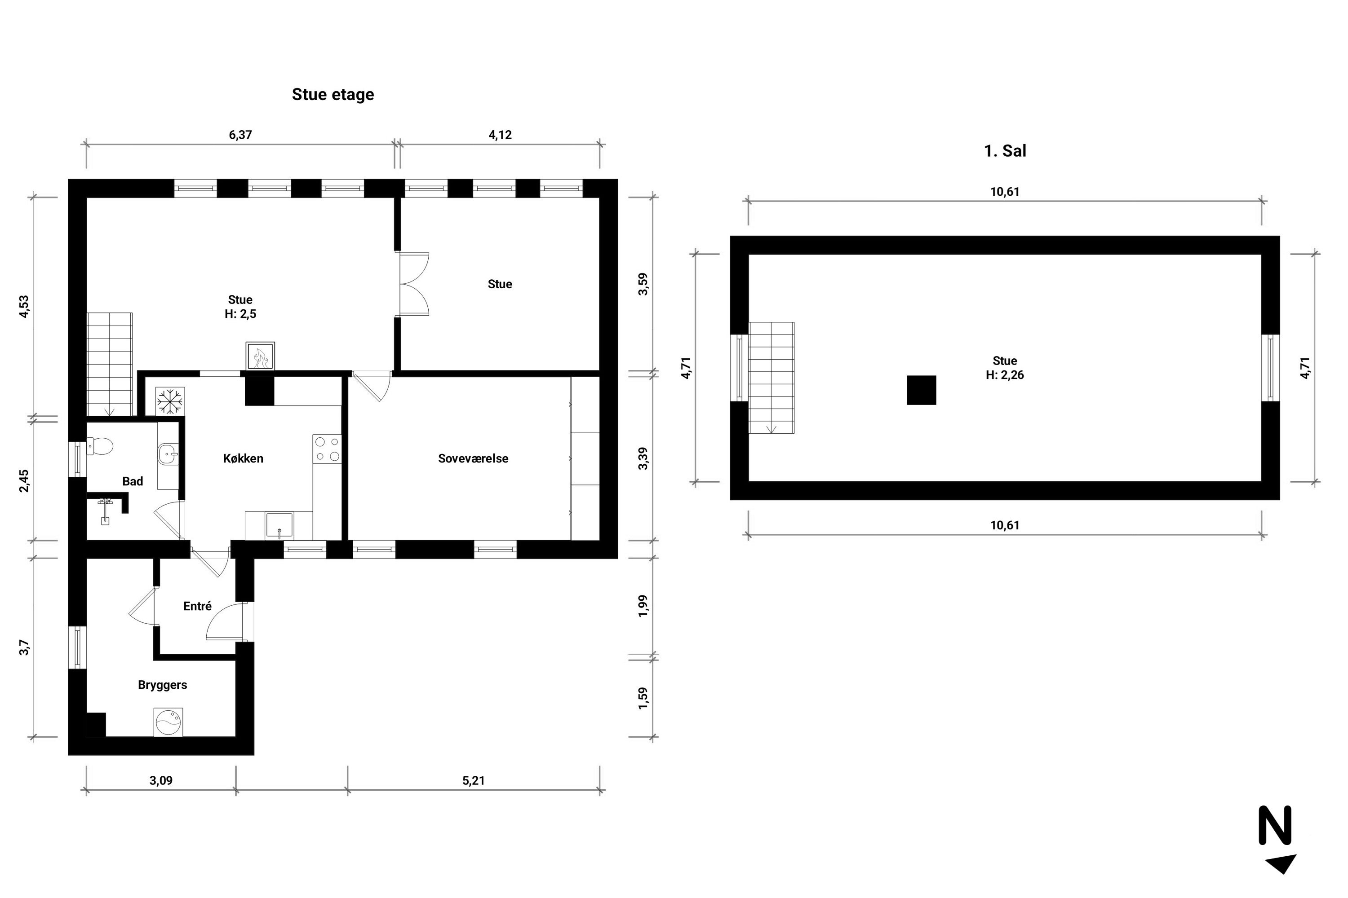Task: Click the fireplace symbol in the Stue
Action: click(x=260, y=356)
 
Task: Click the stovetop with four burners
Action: click(x=327, y=449)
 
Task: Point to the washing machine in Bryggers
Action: click(x=168, y=722)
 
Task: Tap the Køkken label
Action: click(x=243, y=459)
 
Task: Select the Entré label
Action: click(x=198, y=606)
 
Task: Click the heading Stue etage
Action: click(x=333, y=94)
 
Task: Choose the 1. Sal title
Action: click(x=1005, y=151)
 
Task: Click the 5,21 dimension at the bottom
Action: click(x=474, y=781)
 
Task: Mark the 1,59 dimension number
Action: click(x=643, y=699)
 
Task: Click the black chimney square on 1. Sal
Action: click(x=922, y=390)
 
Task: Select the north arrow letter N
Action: click(x=1275, y=825)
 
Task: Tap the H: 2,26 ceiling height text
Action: click(x=1005, y=375)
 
